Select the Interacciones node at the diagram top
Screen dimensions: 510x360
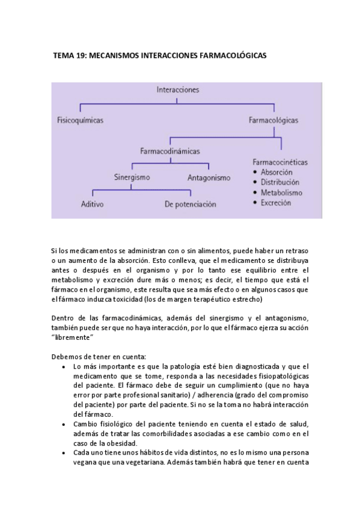point(177,90)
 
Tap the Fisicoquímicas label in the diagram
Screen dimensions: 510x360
point(80,120)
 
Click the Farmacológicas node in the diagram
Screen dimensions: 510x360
point(273,120)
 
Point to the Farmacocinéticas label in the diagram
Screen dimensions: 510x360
point(280,162)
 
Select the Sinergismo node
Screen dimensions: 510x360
point(132,177)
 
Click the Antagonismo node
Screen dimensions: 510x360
point(209,178)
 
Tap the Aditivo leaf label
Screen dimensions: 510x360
point(93,204)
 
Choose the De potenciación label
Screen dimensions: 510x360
point(190,204)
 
